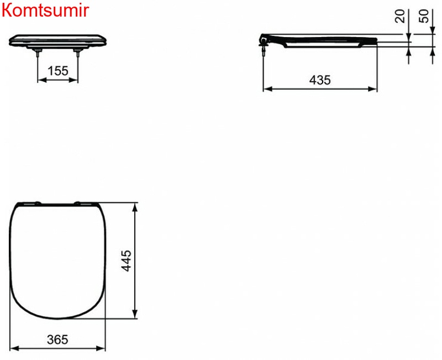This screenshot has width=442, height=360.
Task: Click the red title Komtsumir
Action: (45, 11)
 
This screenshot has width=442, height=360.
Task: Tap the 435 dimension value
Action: (320, 80)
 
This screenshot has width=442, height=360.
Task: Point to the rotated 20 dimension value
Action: (401, 16)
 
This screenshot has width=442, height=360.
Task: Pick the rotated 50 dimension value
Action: (424, 16)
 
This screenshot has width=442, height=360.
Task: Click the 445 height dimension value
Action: (126, 260)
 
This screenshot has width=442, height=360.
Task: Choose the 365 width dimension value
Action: (58, 340)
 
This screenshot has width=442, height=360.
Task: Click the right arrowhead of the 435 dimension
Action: (374, 88)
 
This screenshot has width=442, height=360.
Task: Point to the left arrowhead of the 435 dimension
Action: (266, 88)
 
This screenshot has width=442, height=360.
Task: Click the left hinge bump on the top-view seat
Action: (38, 202)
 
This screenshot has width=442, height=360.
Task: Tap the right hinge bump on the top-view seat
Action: (78, 202)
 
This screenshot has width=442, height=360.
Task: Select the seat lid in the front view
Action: (58, 39)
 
